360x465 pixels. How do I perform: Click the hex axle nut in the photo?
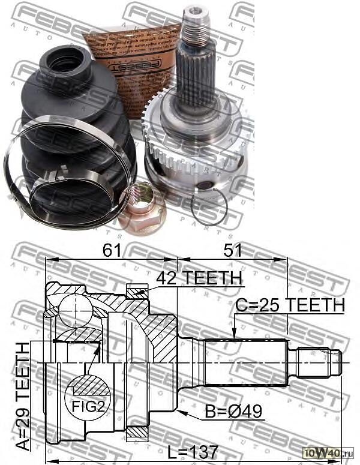coord(142,211)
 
